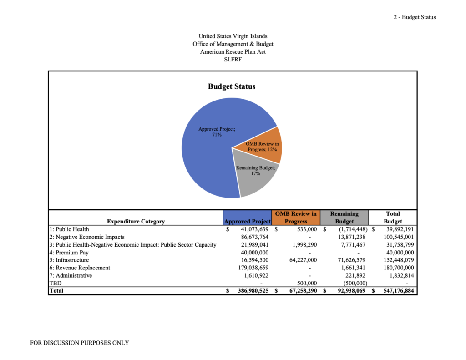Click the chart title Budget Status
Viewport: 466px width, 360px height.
click(x=232, y=86)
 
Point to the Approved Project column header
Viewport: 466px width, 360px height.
click(x=248, y=222)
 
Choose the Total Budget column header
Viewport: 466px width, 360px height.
click(x=393, y=218)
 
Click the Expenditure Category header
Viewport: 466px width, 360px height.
click(x=136, y=222)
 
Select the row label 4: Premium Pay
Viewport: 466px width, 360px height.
click(x=69, y=253)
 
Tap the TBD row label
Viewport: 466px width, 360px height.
click(x=55, y=283)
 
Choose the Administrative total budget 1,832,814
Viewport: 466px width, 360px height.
click(x=399, y=276)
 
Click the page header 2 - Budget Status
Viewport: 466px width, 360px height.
click(x=415, y=17)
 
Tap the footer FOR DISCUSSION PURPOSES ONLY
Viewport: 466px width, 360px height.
click(x=80, y=343)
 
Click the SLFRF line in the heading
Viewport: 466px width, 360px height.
click(x=233, y=59)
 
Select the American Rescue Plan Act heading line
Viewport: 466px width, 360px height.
click(x=233, y=51)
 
